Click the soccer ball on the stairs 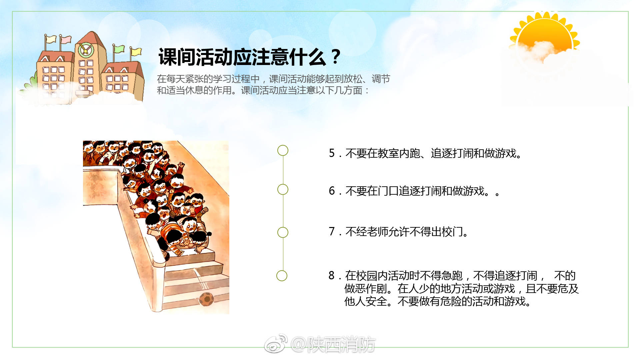206,299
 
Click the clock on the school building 85,50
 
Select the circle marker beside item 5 283,150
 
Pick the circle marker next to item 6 283,189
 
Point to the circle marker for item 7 283,232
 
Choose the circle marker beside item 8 282,276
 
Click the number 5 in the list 332,153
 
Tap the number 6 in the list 332,191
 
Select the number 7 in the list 332,231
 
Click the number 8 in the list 331,275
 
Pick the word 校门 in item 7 452,231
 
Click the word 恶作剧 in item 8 371,289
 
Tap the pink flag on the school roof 66,39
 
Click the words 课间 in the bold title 177,57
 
